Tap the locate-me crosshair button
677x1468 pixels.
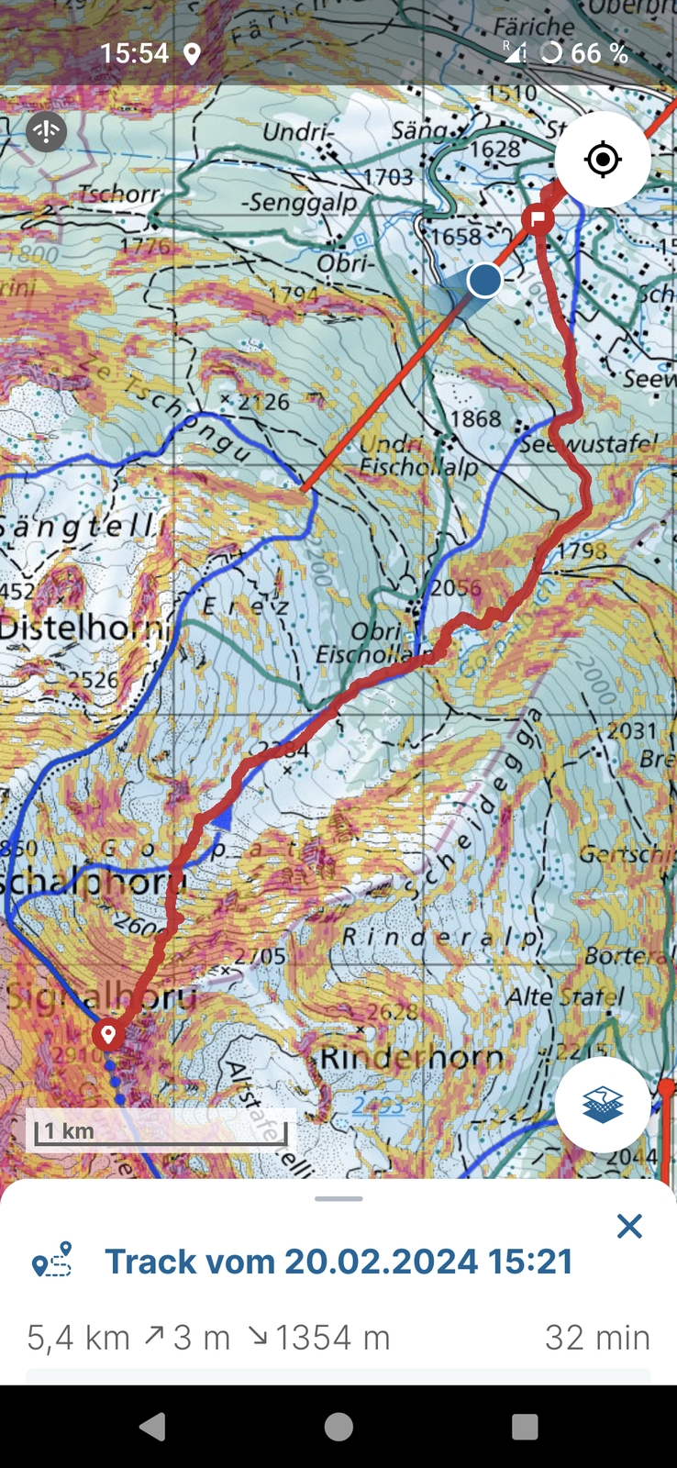tap(603, 160)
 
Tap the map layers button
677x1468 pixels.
tap(603, 1105)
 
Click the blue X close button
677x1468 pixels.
tap(629, 1226)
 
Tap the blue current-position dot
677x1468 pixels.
tap(484, 280)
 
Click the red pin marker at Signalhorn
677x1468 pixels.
tap(108, 1035)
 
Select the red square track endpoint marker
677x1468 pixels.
tap(538, 218)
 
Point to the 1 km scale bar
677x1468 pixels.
tap(161, 1132)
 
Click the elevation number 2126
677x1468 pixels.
tap(264, 402)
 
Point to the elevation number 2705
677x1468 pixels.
tap(261, 956)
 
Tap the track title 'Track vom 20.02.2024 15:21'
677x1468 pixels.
tap(338, 1262)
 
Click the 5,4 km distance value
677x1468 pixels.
tap(78, 1338)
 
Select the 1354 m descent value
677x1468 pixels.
tap(332, 1338)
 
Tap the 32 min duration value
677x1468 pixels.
tap(597, 1338)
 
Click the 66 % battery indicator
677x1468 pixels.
tap(598, 53)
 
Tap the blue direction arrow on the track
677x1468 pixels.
tap(220, 819)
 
